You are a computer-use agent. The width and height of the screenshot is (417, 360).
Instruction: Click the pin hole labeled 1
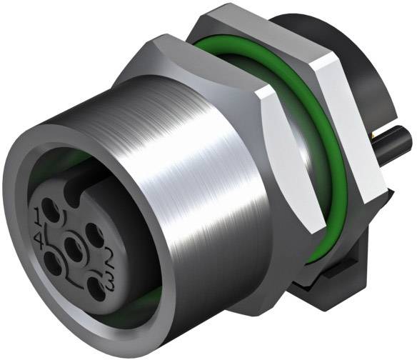point(51,209)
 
